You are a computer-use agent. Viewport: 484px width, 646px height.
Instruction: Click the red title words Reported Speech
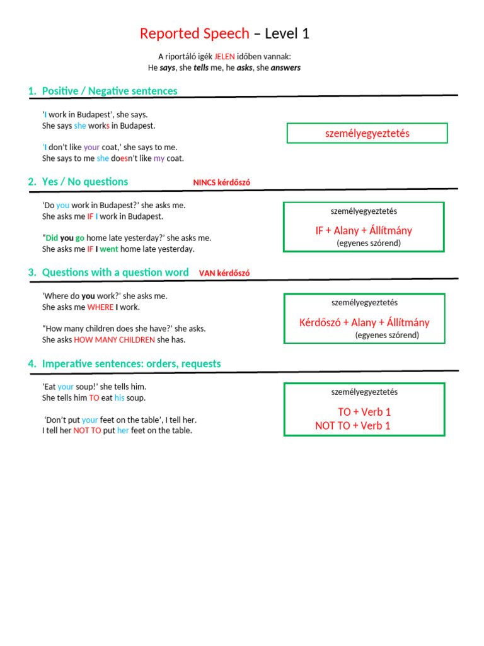(194, 33)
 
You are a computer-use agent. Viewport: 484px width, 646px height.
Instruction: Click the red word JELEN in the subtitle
(225, 56)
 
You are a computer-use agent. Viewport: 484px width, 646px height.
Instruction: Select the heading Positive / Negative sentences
(110, 91)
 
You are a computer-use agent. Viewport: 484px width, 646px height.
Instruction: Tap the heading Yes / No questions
(85, 182)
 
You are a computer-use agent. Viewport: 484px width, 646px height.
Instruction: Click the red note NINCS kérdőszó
(221, 183)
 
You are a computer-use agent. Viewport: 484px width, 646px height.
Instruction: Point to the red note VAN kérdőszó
(224, 273)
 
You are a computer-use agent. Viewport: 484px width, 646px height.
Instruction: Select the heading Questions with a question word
(115, 272)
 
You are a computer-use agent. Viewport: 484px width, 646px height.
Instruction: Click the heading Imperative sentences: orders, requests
(131, 363)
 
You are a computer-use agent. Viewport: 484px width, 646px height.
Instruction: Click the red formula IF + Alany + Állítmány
(364, 230)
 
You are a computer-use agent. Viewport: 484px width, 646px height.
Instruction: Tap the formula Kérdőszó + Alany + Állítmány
(364, 322)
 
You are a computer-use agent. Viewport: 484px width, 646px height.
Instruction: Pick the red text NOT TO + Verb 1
(353, 425)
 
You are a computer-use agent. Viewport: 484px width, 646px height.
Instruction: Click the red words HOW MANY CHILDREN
(114, 340)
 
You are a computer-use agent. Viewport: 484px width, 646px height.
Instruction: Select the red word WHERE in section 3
(100, 307)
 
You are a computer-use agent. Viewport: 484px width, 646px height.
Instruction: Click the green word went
(109, 249)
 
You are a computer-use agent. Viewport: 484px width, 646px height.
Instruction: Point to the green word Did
(52, 238)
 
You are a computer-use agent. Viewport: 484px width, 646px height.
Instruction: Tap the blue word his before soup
(120, 398)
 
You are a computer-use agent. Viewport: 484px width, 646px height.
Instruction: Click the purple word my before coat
(159, 158)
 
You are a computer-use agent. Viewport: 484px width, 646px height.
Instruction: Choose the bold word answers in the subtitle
(285, 68)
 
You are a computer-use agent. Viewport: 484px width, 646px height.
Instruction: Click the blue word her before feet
(123, 430)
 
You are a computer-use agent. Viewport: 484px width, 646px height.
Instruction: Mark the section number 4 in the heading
(31, 363)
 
